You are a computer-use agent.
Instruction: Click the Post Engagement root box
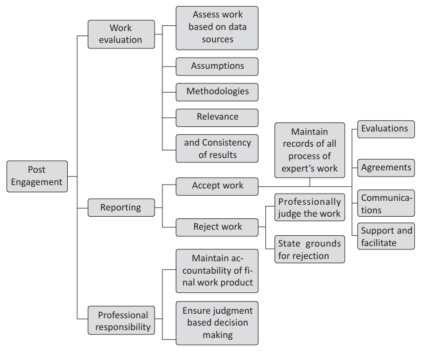point(37,176)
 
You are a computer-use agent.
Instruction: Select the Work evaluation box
point(121,34)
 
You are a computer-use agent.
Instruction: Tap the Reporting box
point(121,208)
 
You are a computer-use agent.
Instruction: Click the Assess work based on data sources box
point(217,28)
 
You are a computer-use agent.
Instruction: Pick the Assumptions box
point(217,66)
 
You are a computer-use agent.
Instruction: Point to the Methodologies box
point(217,91)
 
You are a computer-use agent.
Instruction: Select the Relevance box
point(217,117)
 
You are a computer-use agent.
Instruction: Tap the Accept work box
point(217,185)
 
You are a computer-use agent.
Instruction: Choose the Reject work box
point(217,227)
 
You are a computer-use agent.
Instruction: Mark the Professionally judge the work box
point(310,208)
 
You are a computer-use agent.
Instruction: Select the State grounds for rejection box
point(310,249)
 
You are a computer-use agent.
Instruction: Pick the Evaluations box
point(386,129)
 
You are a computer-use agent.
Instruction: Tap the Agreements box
point(386,168)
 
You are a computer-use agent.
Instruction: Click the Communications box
point(386,203)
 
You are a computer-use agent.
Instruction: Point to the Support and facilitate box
point(386,236)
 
